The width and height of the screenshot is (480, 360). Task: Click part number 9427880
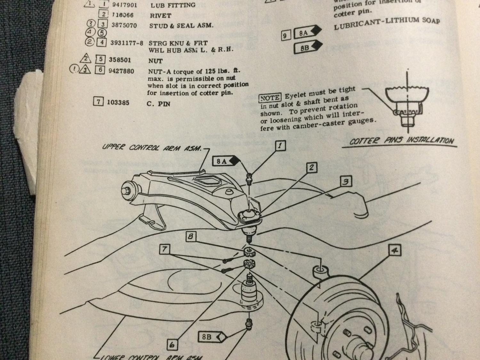pos(121,71)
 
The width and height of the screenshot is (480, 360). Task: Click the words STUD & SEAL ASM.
pos(181,26)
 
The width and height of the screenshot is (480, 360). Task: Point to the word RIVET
pos(161,15)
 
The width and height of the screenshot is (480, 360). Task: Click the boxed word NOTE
pos(270,98)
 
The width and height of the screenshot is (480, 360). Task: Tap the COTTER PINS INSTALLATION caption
pos(401,141)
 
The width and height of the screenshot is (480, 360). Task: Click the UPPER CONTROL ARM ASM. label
pos(152,148)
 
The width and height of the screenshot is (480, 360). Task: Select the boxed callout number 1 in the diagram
pos(280,146)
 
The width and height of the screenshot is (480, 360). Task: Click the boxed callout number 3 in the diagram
pos(346,182)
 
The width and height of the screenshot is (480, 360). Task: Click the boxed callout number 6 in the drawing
pos(172,345)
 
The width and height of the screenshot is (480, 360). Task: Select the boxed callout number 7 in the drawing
pos(164,249)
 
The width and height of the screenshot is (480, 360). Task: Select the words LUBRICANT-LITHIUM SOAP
pos(387,23)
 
